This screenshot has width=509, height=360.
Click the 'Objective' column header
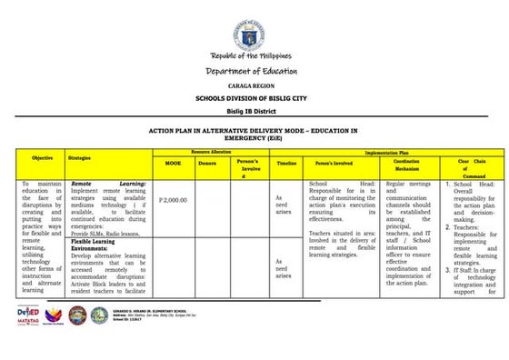point(42,157)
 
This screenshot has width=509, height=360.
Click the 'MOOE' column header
point(173,163)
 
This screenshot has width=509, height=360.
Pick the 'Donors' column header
point(207,163)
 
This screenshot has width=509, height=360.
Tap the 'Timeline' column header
point(286,163)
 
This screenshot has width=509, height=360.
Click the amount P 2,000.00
point(173,198)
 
